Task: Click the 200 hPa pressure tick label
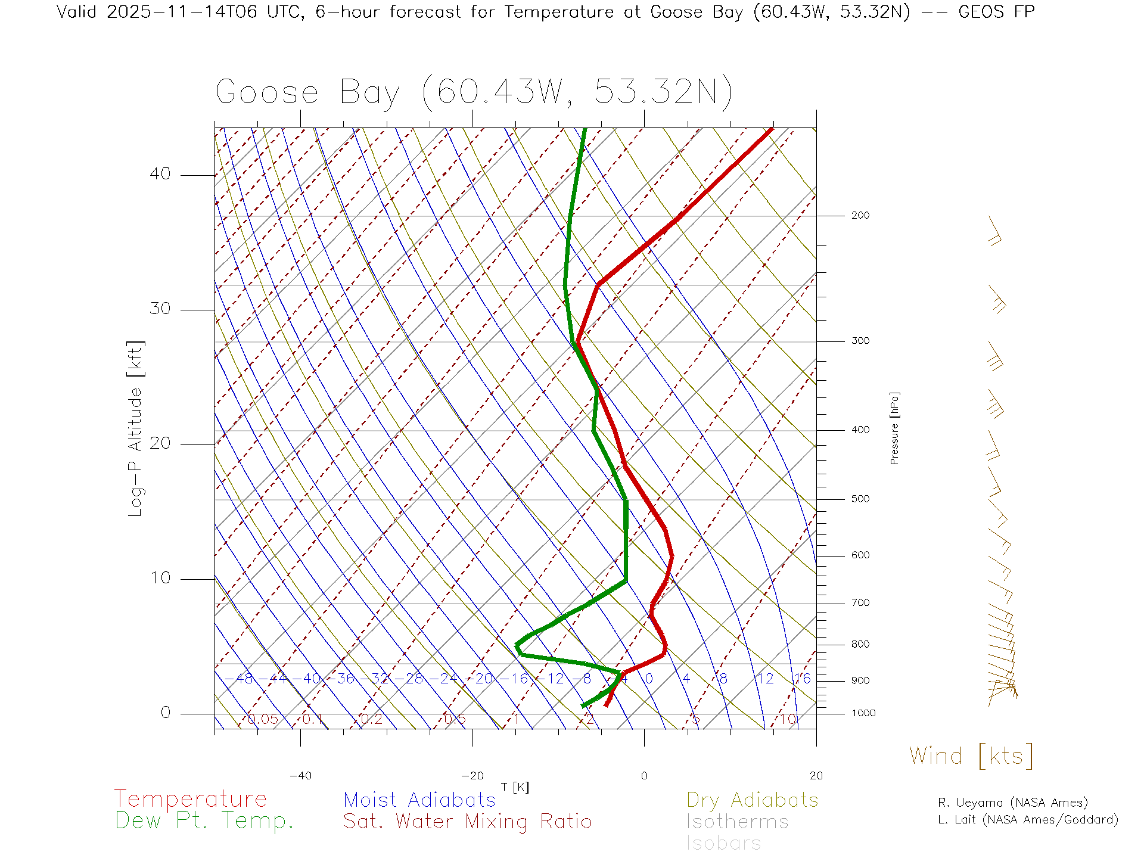[x=860, y=216]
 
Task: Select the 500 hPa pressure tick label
[x=860, y=499]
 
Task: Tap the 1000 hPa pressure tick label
[x=863, y=713]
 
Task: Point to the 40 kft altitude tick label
[x=160, y=174]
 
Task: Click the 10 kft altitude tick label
[x=160, y=578]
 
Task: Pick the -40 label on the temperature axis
[x=300, y=776]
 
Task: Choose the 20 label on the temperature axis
[x=816, y=776]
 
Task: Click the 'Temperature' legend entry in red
[x=191, y=799]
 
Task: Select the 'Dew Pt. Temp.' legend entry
[x=204, y=821]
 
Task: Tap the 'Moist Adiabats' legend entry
[x=420, y=800]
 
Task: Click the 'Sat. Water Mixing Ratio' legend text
[x=468, y=822]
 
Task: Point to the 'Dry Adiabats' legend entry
[x=753, y=800]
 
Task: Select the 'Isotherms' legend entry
[x=738, y=822]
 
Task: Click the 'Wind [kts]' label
[x=971, y=756]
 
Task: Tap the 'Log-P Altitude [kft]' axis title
[x=136, y=429]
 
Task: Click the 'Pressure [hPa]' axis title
[x=894, y=428]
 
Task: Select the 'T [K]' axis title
[x=515, y=788]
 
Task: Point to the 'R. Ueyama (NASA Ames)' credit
[x=1013, y=803]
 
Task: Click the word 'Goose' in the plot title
[x=267, y=93]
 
